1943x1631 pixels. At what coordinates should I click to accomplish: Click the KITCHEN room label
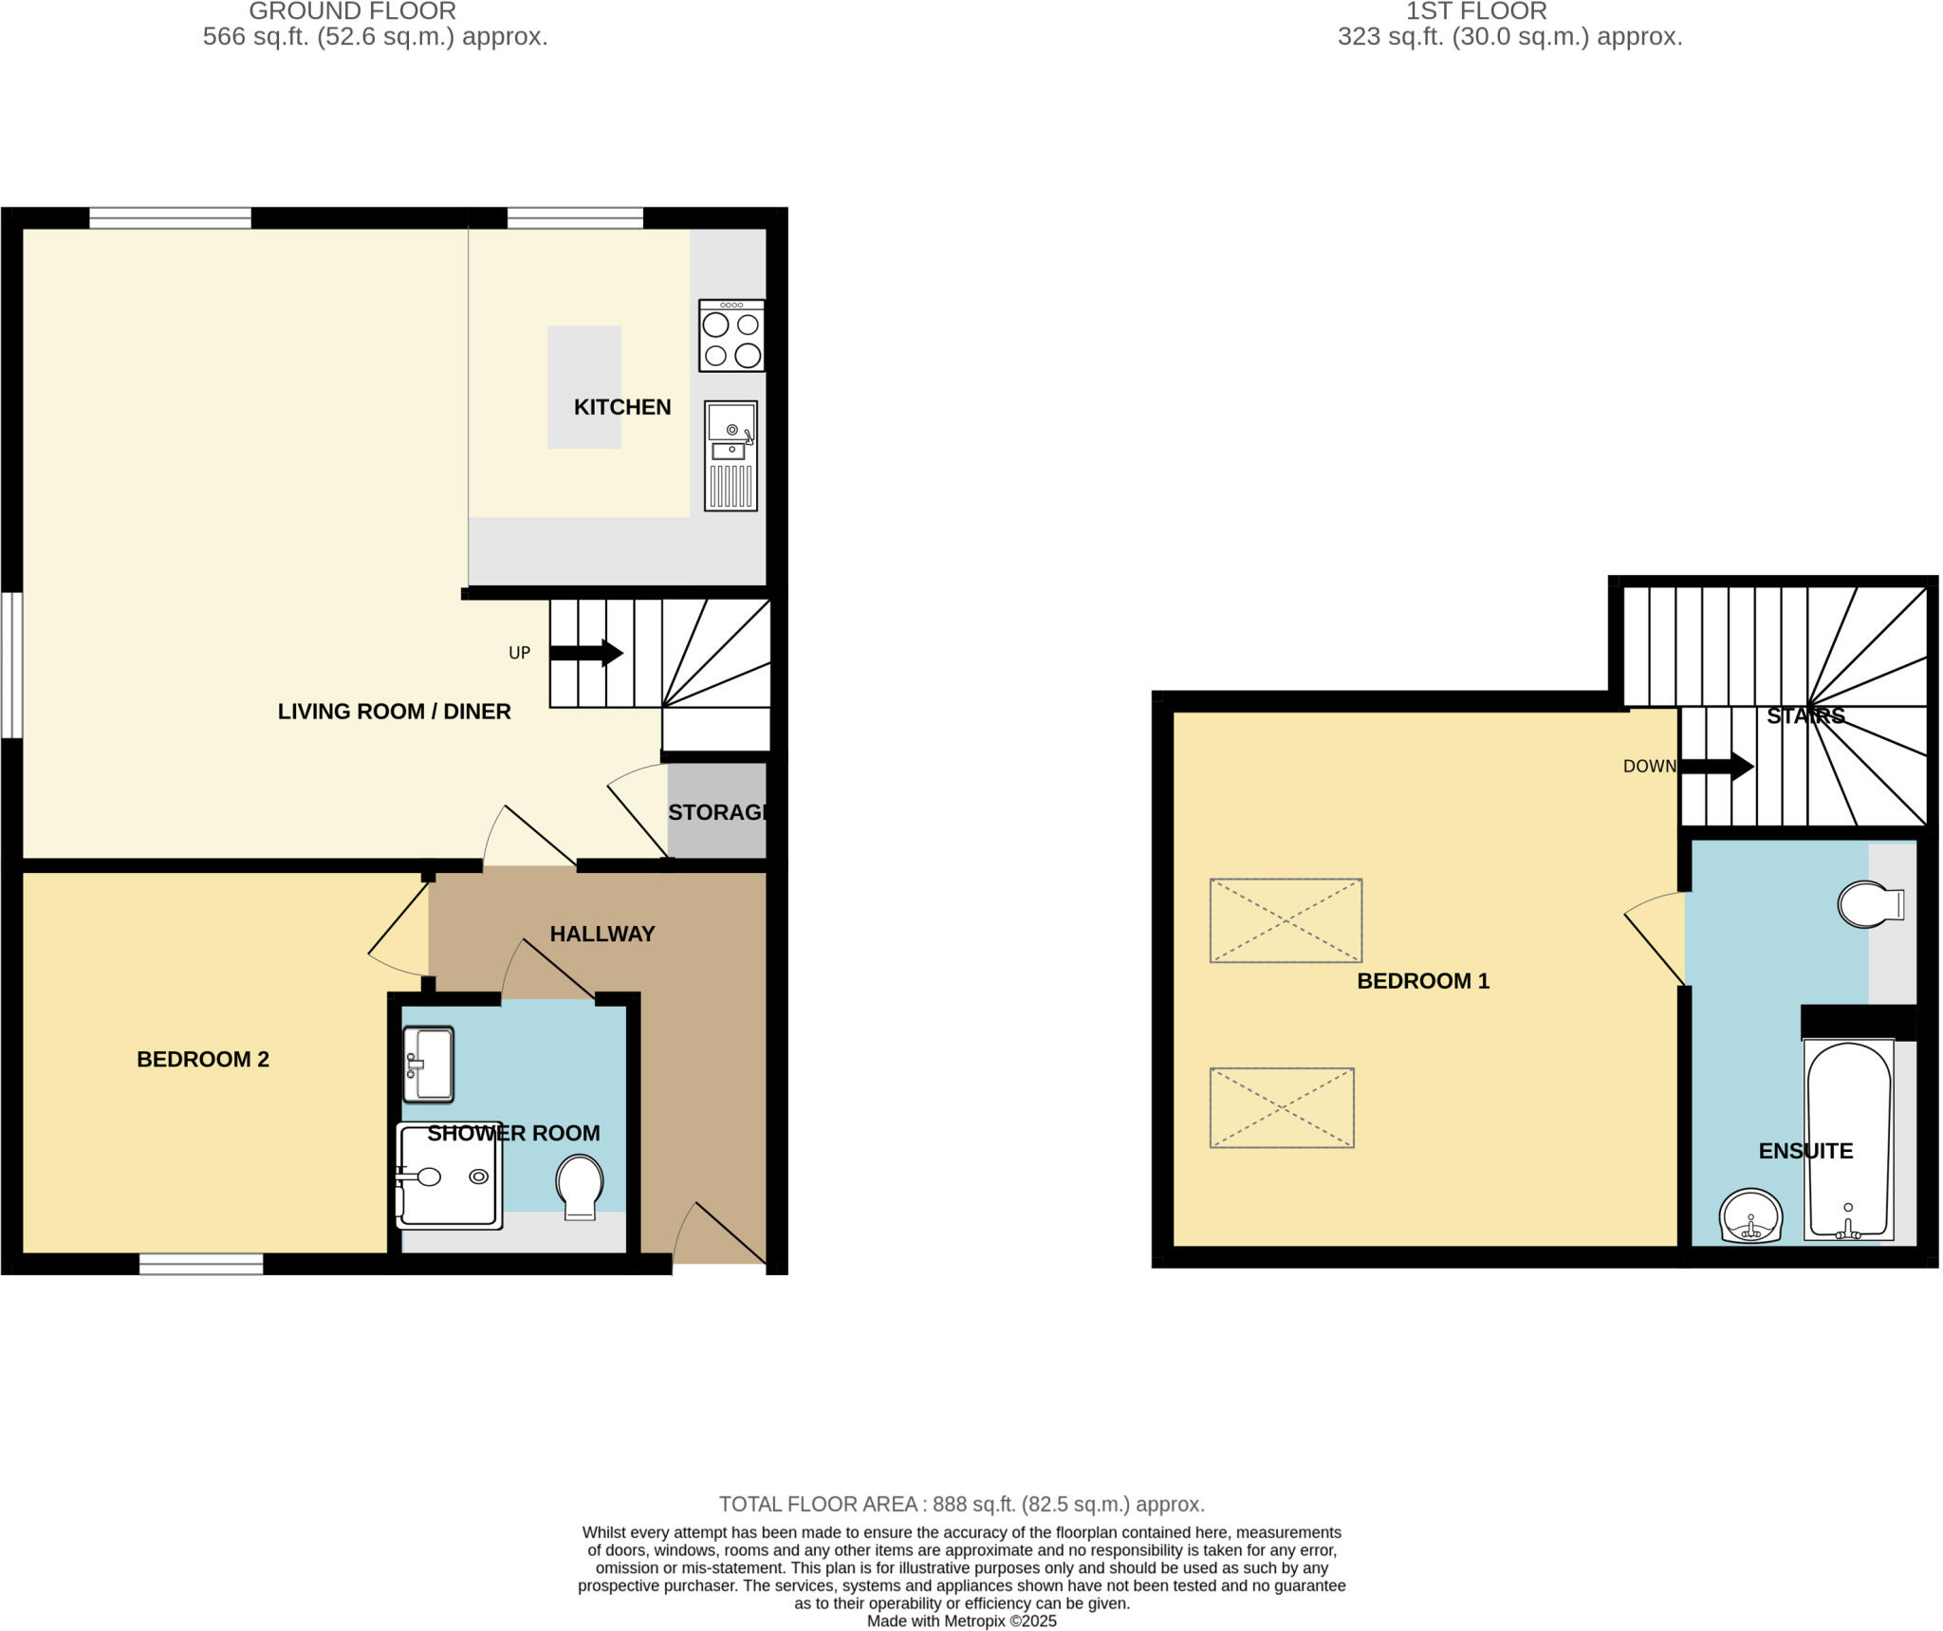click(x=621, y=407)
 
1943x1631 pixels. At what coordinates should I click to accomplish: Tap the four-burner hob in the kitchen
click(x=731, y=336)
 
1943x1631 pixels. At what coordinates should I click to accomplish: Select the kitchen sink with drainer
click(x=731, y=455)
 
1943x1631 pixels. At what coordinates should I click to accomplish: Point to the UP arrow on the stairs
click(x=585, y=653)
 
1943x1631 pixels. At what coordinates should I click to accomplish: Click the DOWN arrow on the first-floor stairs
click(x=1716, y=766)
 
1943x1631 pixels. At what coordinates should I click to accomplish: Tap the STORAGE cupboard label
click(x=717, y=812)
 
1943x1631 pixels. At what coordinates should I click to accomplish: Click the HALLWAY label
click(x=602, y=934)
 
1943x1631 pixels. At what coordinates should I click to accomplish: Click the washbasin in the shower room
click(x=428, y=1064)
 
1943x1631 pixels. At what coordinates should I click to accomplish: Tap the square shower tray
click(x=449, y=1177)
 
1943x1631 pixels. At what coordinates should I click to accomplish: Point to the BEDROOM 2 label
click(x=203, y=1059)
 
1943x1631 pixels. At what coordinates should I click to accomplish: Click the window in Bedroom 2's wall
click(x=201, y=1264)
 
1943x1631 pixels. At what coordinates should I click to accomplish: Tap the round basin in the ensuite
click(x=1750, y=1215)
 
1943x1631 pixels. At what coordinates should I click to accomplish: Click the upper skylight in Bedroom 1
click(x=1286, y=920)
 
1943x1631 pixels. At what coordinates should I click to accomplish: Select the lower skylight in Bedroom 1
click(x=1282, y=1107)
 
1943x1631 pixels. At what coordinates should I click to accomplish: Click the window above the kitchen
click(x=575, y=218)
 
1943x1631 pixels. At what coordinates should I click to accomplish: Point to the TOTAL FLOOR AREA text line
click(x=961, y=1504)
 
